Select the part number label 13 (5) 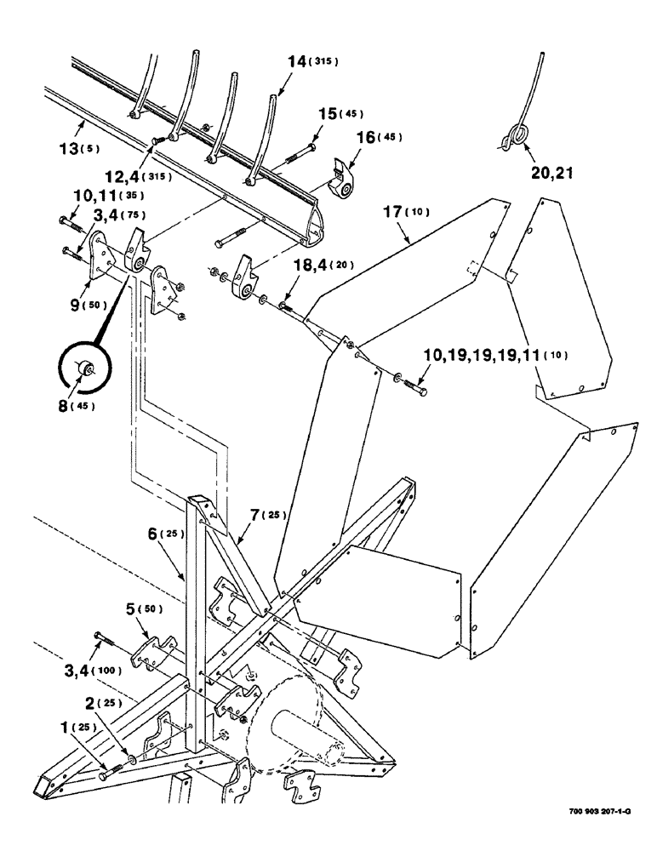pyautogui.click(x=78, y=148)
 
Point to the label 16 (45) pyautogui.click(x=378, y=136)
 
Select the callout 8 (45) pyautogui.click(x=74, y=405)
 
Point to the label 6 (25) pyautogui.click(x=167, y=534)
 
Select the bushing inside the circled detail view pyautogui.click(x=87, y=368)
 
